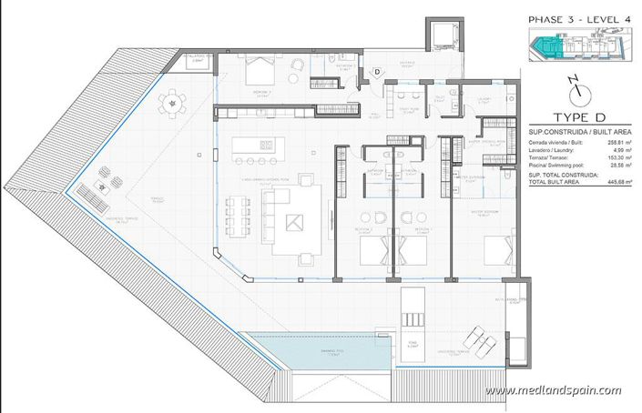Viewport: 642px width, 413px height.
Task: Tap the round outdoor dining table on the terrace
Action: point(170,104)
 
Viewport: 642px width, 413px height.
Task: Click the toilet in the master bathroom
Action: point(504,185)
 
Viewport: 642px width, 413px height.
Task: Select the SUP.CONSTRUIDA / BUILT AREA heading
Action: point(580,133)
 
